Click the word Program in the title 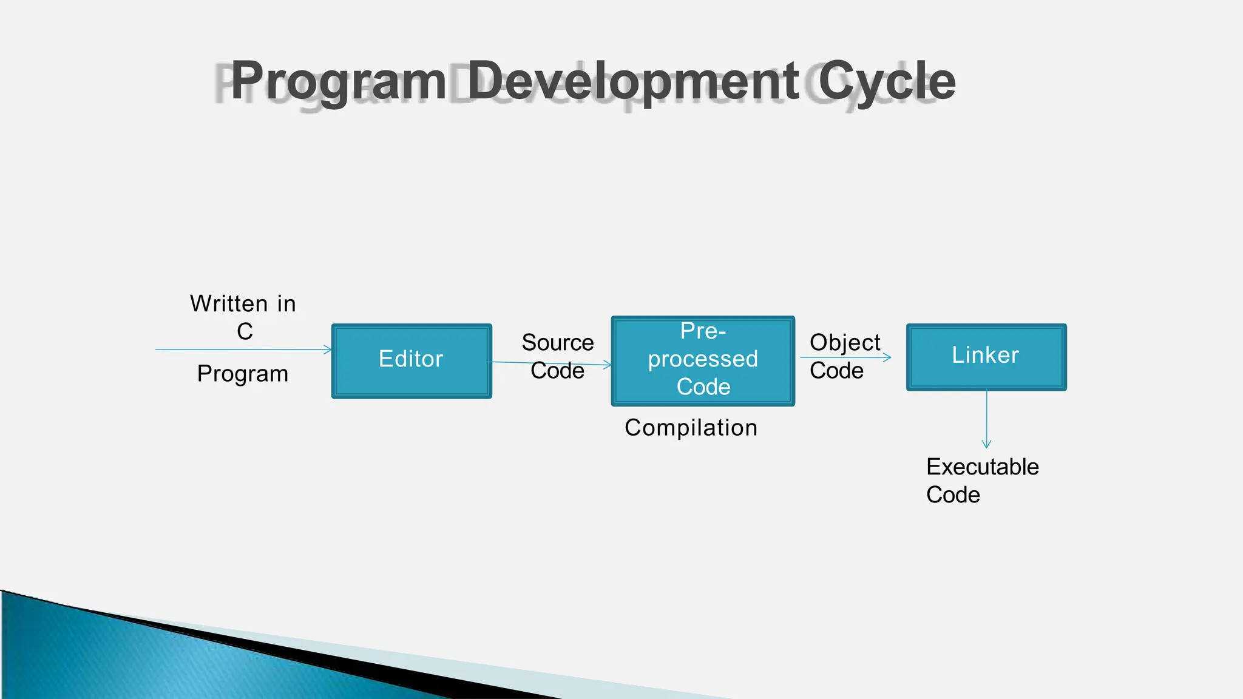point(339,81)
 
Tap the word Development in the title point(633,81)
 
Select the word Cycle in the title point(887,81)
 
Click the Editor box point(412,360)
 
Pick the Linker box point(986,357)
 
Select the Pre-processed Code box point(703,360)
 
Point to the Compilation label point(691,428)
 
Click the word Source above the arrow point(557,343)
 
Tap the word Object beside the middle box point(844,343)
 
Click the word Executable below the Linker point(982,467)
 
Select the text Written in point(243,303)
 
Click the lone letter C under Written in point(245,332)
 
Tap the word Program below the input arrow point(243,374)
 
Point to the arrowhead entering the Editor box point(328,349)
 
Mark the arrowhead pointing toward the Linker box point(888,357)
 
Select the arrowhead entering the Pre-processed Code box point(608,365)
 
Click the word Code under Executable point(953,495)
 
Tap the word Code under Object point(836,371)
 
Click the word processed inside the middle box point(703,359)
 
